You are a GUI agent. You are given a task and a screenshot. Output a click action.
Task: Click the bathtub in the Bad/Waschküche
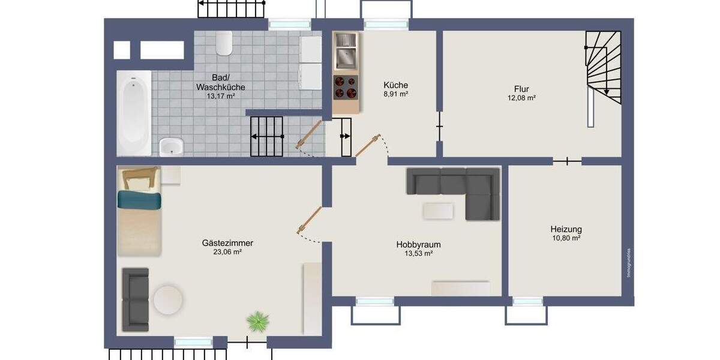pyautogui.click(x=134, y=112)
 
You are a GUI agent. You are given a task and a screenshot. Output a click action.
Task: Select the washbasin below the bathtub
pyautogui.click(x=172, y=146)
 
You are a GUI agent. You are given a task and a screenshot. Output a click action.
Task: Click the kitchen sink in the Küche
pyautogui.click(x=346, y=57)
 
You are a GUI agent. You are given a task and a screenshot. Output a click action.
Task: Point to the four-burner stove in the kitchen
pyautogui.click(x=346, y=88)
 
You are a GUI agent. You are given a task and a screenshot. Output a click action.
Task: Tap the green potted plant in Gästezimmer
pyautogui.click(x=257, y=322)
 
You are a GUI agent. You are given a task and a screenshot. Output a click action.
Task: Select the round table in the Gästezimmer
pyautogui.click(x=168, y=299)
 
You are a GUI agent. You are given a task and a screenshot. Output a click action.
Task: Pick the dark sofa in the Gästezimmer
pyautogui.click(x=135, y=299)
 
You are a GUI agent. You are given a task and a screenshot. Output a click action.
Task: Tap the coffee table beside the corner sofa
pyautogui.click(x=438, y=211)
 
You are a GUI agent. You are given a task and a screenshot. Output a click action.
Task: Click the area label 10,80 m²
pyautogui.click(x=566, y=238)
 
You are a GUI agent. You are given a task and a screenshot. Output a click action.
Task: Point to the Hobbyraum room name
pyautogui.click(x=418, y=244)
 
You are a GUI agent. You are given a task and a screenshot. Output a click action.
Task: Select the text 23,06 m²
pyautogui.click(x=227, y=253)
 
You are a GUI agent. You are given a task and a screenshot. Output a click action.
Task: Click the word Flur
pyautogui.click(x=521, y=89)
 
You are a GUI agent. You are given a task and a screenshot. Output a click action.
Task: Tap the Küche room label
pyautogui.click(x=395, y=85)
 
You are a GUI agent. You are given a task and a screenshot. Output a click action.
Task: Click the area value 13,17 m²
pyautogui.click(x=220, y=96)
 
